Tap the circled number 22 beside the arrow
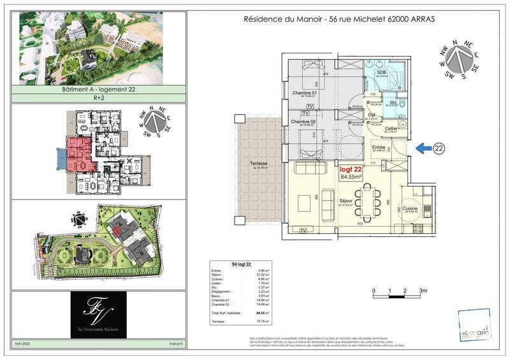pyautogui.click(x=439, y=148)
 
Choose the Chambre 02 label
pyautogui.click(x=303, y=121)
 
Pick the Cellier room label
pyautogui.click(x=393, y=128)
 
